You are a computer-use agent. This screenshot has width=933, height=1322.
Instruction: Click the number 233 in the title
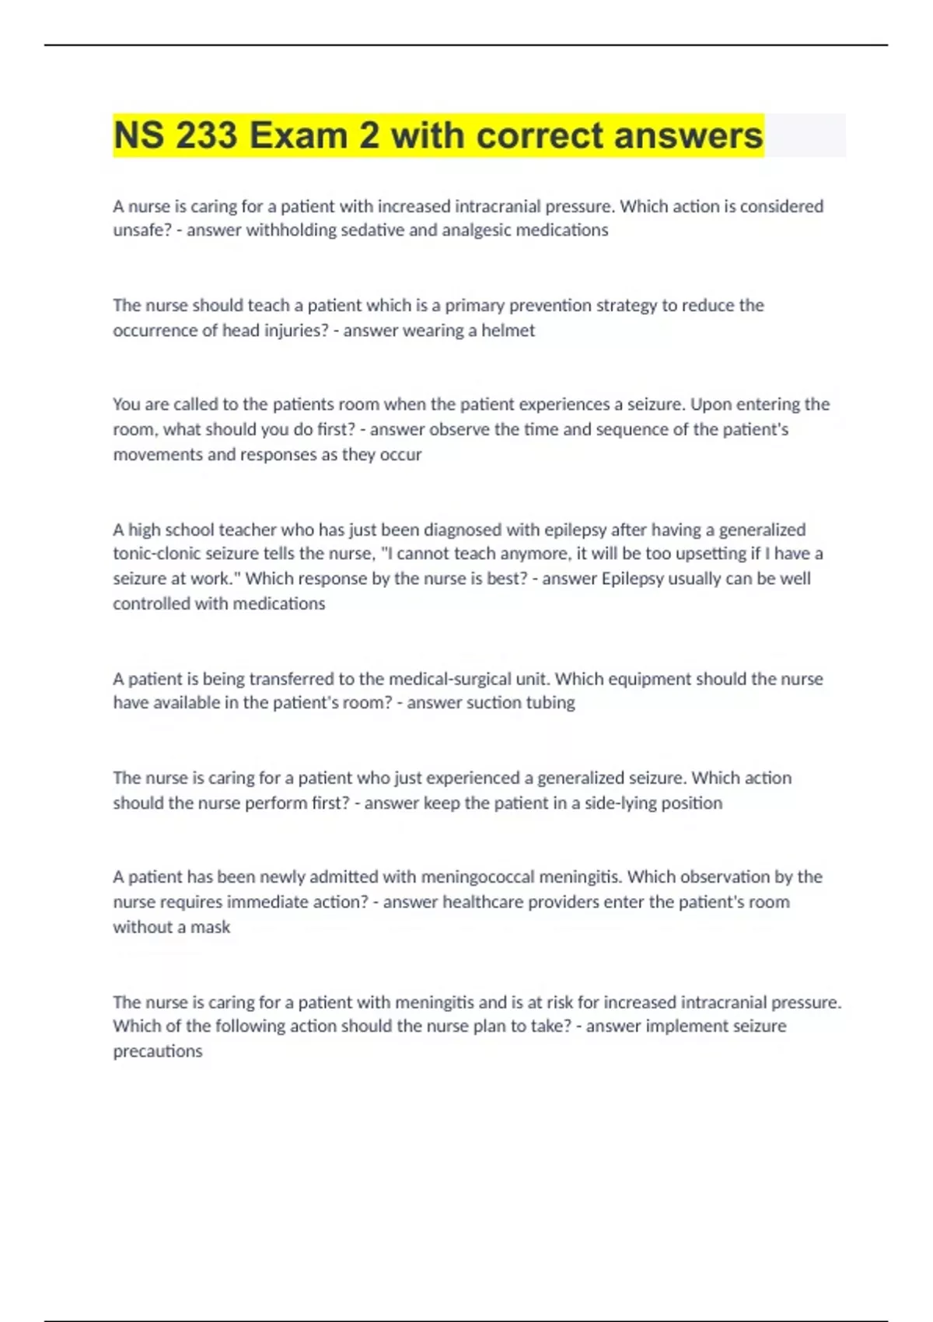(206, 135)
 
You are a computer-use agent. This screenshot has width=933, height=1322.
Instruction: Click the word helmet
(508, 330)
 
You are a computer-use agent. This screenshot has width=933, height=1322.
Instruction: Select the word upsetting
(715, 554)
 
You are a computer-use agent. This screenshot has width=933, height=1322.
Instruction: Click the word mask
(211, 927)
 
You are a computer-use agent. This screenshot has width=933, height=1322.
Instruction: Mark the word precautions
(157, 1051)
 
